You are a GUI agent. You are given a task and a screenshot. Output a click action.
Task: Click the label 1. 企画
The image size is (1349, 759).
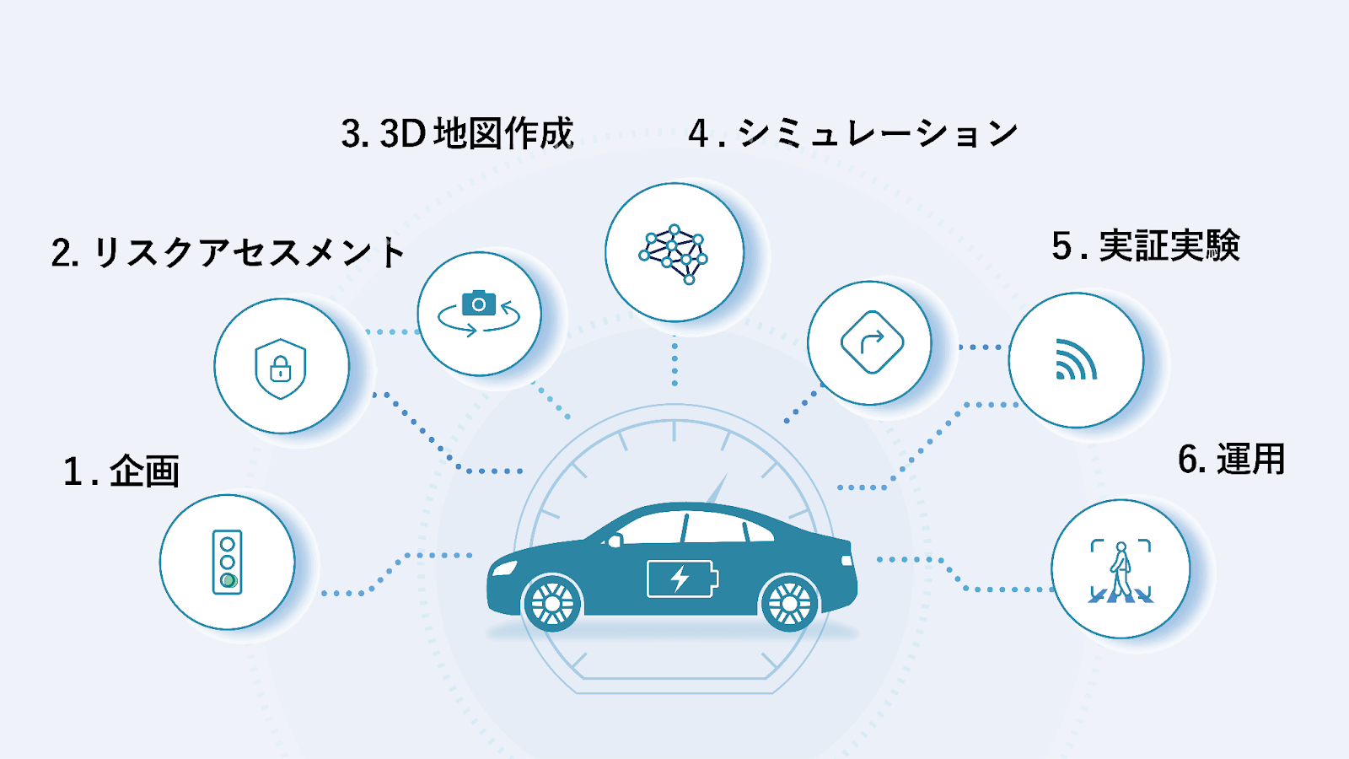pos(121,471)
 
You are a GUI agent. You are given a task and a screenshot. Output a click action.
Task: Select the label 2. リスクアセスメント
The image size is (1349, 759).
pos(228,252)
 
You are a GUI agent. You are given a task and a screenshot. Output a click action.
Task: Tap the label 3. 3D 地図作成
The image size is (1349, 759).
pos(457,132)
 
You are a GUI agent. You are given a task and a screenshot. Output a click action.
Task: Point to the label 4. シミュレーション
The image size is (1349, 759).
pos(853,132)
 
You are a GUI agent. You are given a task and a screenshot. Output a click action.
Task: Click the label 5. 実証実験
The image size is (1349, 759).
pos(1146,245)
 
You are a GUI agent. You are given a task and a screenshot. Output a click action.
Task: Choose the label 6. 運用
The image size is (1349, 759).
pos(1231,459)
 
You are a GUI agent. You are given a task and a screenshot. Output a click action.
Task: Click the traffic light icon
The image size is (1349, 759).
pos(227,562)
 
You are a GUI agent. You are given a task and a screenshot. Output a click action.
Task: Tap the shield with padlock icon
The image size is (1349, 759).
pos(281,369)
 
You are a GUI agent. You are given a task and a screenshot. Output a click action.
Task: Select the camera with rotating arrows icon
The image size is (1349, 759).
pos(479,313)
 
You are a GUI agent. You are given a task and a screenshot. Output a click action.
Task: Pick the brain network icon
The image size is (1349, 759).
pos(674,254)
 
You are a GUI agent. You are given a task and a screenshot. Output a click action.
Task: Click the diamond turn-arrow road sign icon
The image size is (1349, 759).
pos(872,342)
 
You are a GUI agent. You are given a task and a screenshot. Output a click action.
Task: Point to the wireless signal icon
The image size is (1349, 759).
pos(1076,359)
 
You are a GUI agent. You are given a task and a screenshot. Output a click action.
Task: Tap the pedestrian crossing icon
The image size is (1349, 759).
pos(1121,571)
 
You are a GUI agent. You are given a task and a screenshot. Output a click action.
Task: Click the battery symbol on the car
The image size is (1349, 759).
pos(682,579)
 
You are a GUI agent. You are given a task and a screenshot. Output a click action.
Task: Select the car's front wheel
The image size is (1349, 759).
pos(552,603)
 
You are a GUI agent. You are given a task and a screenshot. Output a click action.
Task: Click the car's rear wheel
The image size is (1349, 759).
pos(789,603)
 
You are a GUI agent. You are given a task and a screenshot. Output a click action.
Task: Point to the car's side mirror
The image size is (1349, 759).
pos(615,541)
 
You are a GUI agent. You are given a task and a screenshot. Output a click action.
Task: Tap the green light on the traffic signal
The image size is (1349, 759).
pos(228,581)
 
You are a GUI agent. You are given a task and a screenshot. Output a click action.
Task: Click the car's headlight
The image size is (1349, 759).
pos(505,568)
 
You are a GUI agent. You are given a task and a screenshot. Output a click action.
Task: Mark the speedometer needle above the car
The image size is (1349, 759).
pos(717,488)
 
